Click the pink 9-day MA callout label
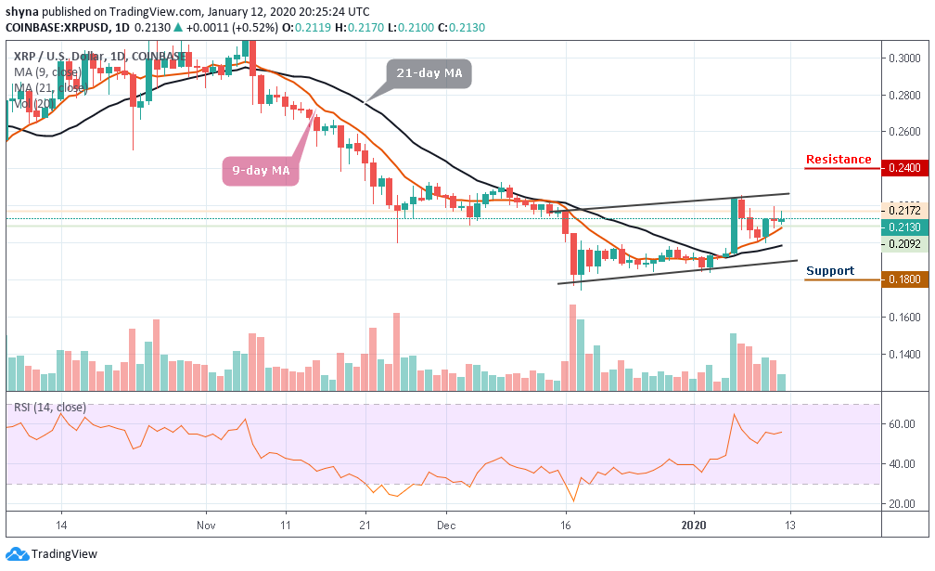click(261, 171)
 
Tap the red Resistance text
click(839, 160)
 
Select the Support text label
click(830, 271)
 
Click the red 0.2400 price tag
click(903, 168)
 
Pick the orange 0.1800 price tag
click(903, 279)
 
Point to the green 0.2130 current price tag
click(903, 227)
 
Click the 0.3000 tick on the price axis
click(903, 58)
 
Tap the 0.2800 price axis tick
click(903, 95)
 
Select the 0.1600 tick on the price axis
click(903, 317)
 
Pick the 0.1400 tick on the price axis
click(903, 354)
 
